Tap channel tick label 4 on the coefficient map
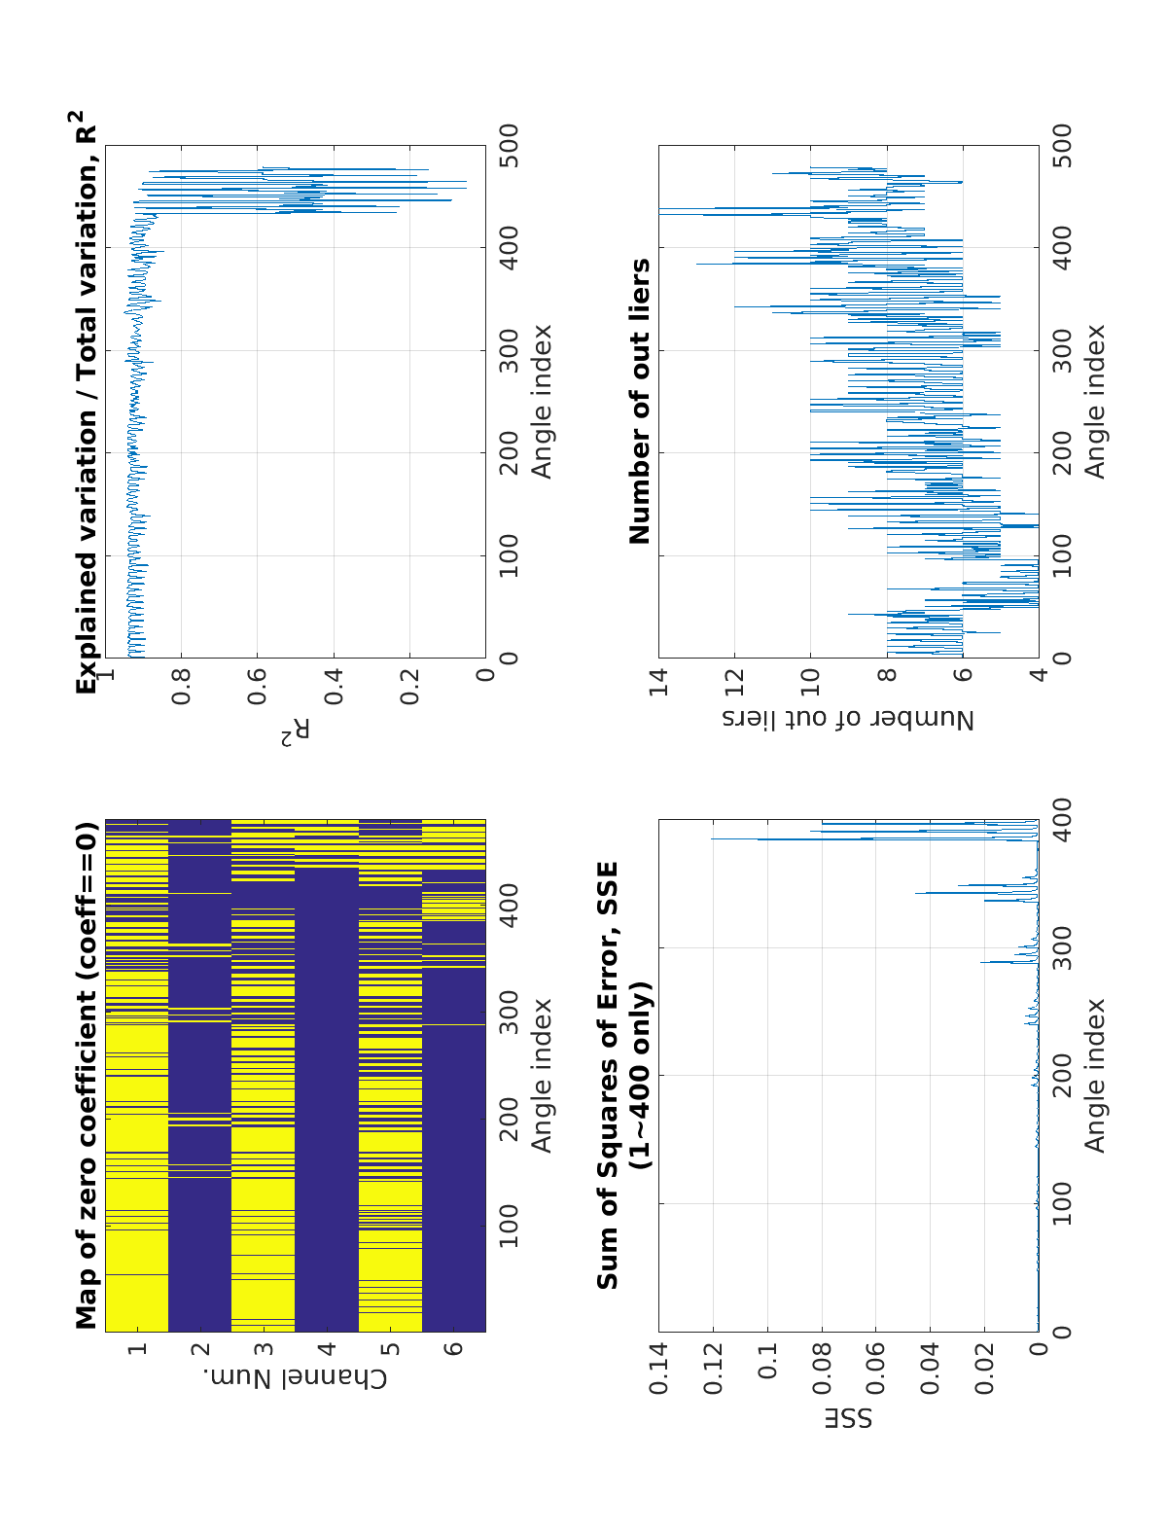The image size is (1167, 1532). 327,1349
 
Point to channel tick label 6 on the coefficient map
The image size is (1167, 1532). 454,1349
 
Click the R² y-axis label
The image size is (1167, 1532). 296,731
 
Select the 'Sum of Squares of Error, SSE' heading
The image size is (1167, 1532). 608,1075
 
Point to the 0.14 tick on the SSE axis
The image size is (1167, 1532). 659,1369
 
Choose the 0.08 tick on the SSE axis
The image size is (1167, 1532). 823,1369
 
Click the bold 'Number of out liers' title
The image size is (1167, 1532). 640,401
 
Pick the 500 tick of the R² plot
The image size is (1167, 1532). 508,146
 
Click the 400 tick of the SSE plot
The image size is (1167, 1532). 1062,820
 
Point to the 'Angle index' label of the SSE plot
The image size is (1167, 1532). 1096,1075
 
